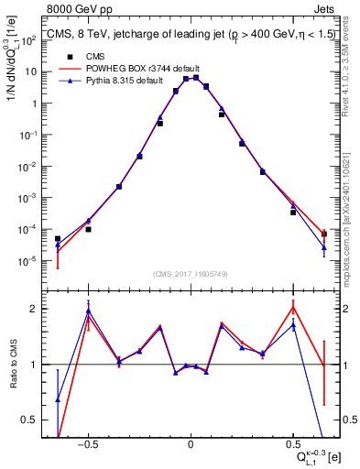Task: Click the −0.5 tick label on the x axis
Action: [x=87, y=443]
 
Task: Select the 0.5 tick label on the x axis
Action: [x=292, y=443]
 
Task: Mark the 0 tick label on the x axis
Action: [x=190, y=443]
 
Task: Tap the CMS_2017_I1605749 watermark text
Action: [x=190, y=274]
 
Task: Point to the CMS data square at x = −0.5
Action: [x=88, y=229]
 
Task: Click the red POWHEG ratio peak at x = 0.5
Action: [x=292, y=307]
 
